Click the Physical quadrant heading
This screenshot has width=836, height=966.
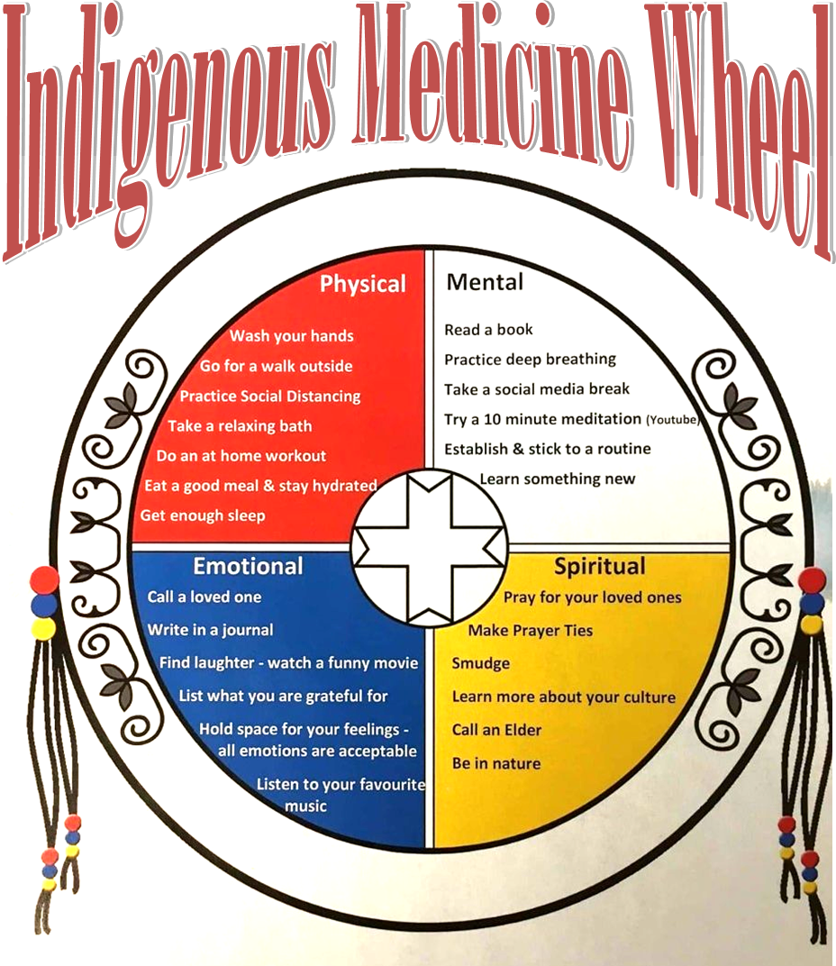[x=363, y=285]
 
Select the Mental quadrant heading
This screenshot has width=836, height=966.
[x=485, y=282]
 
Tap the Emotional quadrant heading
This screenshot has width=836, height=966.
[x=248, y=567]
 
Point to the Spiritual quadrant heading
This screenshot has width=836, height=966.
[x=599, y=567]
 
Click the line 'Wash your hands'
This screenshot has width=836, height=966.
[x=291, y=336]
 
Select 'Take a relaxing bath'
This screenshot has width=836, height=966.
[x=240, y=425]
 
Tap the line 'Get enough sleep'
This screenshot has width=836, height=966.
[x=203, y=515]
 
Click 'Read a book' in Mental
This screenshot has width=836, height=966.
[x=488, y=330]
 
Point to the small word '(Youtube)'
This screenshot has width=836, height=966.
[x=673, y=420]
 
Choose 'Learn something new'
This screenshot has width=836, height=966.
[x=557, y=478]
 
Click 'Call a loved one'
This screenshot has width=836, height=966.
[x=204, y=597]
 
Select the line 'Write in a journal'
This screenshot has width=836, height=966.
[x=210, y=630]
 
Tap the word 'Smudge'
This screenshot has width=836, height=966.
[x=480, y=663]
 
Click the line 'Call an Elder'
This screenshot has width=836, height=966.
[x=496, y=730]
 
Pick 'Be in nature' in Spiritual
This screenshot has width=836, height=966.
[x=496, y=763]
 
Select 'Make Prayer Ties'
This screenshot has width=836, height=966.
[x=530, y=630]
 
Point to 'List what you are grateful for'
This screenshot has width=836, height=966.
[x=283, y=696]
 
